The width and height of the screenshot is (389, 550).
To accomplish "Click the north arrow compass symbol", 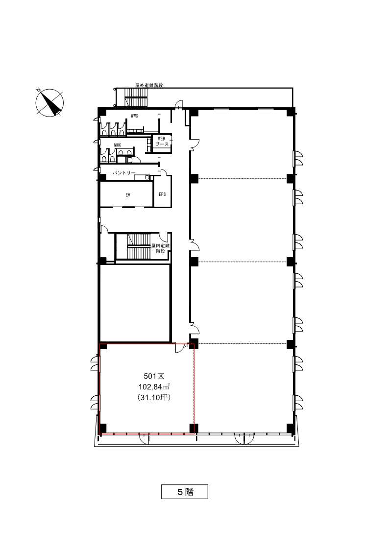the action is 49,103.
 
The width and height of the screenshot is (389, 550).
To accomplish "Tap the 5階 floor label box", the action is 185,491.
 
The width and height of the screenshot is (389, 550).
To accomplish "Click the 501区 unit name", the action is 154,376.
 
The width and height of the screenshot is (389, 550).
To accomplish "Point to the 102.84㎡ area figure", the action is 154,387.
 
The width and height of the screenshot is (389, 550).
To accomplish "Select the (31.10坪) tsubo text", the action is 154,398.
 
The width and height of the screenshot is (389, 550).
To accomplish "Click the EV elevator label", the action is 128,195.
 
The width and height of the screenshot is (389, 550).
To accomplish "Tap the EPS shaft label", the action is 162,194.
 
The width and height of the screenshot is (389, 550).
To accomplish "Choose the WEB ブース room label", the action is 162,142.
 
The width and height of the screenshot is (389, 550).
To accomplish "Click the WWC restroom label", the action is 134,116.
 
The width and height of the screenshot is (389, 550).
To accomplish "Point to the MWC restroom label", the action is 118,145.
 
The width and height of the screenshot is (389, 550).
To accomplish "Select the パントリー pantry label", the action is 124,172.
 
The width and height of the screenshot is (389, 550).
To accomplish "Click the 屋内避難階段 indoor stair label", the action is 160,248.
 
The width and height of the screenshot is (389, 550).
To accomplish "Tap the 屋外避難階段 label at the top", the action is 149,85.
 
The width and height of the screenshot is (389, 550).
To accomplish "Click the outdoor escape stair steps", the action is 137,97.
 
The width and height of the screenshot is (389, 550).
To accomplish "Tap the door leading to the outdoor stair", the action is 179,104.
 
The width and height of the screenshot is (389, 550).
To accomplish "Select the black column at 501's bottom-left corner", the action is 103,428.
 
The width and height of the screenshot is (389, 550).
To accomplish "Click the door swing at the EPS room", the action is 164,172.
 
